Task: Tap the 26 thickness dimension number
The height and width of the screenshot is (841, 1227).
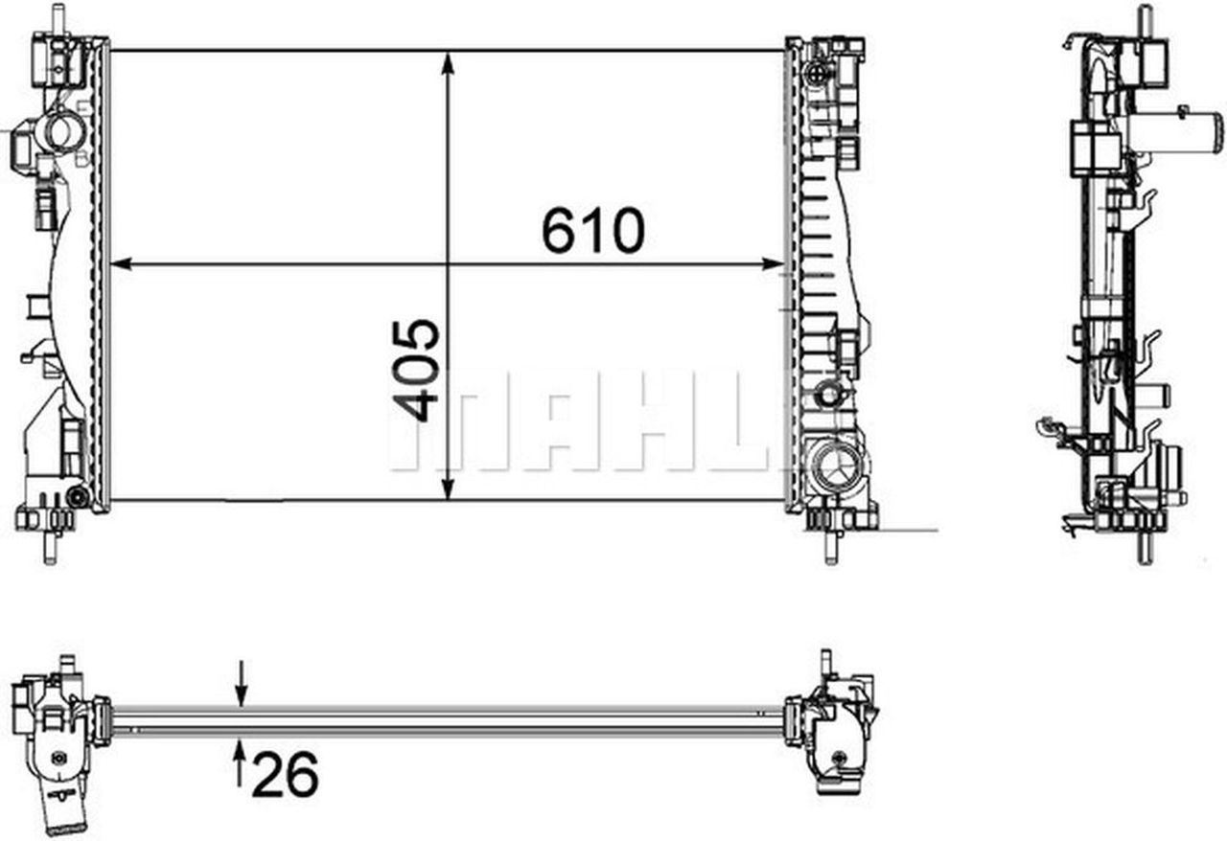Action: pos(285,774)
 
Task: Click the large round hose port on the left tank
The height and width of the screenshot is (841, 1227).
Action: pos(62,131)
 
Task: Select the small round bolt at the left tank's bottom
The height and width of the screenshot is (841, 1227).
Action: pos(78,496)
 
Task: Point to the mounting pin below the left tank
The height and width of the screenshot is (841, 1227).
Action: pos(49,549)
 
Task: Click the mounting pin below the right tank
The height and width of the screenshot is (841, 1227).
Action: pos(830,549)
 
